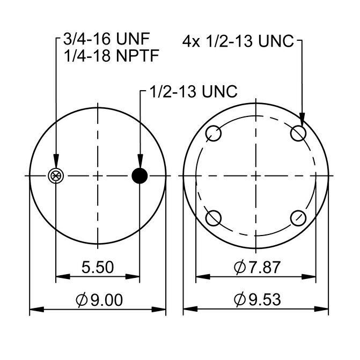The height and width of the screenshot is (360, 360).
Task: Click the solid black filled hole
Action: (139, 176)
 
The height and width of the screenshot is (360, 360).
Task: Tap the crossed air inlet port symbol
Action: (56, 176)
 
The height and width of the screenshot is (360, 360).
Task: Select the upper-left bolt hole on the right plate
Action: (214, 133)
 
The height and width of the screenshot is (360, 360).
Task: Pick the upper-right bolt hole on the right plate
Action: (298, 133)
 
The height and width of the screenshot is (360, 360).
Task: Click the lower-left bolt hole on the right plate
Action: (214, 218)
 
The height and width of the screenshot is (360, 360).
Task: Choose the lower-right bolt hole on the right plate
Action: (298, 218)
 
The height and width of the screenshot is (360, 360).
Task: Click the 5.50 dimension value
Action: (98, 267)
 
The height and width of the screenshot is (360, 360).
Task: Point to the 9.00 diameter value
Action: (107, 300)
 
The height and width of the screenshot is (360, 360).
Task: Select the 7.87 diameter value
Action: (265, 267)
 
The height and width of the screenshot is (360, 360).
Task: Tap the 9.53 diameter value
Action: (265, 299)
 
